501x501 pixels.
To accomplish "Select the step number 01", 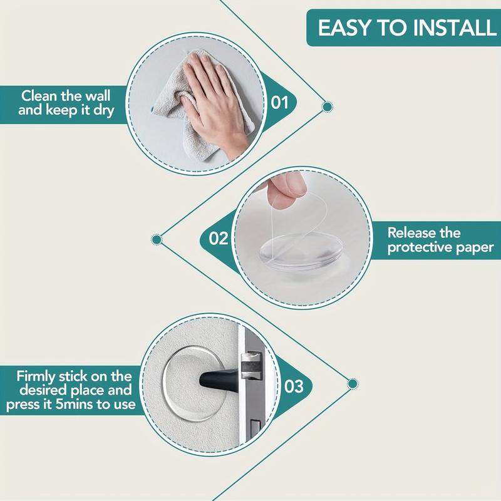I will tap(279, 101).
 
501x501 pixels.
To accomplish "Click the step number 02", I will tap(218, 238).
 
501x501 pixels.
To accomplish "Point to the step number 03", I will tap(294, 385).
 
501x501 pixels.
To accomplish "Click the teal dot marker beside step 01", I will tap(326, 107).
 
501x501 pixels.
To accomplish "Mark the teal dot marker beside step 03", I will tap(353, 383).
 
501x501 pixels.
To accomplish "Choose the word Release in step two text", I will tap(413, 233).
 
